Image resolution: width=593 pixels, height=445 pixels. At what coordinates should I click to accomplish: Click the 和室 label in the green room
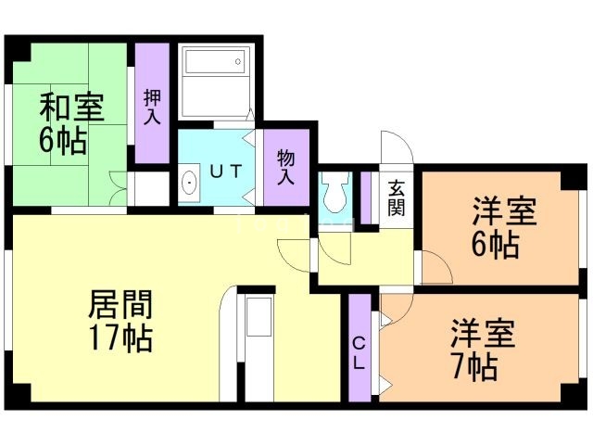point(70,108)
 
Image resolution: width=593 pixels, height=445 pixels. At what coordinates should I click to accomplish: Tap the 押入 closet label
point(153,107)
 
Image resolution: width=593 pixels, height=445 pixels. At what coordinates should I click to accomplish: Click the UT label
point(224,172)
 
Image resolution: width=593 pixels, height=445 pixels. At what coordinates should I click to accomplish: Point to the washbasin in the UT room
point(190,183)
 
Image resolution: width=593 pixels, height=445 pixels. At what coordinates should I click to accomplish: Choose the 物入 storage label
point(285,168)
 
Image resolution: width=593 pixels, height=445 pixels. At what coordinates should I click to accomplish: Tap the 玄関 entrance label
point(396,196)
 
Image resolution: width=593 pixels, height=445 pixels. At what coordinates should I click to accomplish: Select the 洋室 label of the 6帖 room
point(504,212)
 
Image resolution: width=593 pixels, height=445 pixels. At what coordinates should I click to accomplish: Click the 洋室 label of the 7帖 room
point(483,333)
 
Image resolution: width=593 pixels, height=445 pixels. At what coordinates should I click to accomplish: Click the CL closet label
point(360,353)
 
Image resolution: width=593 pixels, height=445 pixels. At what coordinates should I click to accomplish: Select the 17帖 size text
point(120,338)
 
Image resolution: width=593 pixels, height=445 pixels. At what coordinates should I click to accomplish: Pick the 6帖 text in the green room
point(63,142)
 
